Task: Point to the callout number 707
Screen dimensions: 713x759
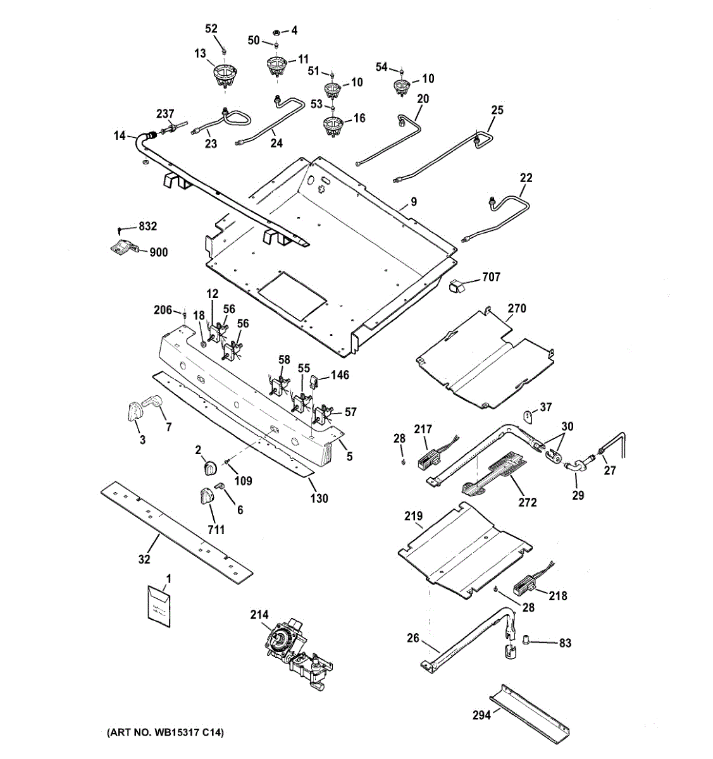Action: coord(490,276)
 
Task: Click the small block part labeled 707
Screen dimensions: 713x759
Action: coord(456,286)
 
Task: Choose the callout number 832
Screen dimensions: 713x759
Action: coord(147,226)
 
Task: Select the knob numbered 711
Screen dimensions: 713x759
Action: coord(208,497)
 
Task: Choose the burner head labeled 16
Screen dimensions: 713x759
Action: coord(333,125)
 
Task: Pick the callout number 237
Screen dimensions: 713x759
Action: coord(166,114)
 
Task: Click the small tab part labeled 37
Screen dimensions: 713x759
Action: coord(528,415)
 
